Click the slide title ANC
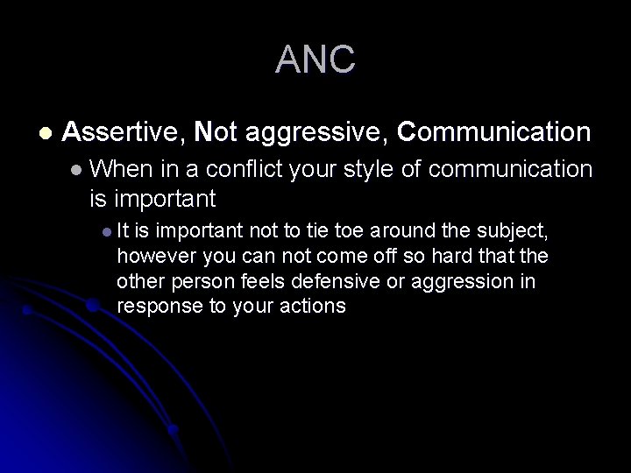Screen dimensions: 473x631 pos(315,60)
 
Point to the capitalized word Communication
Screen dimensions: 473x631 pos(493,132)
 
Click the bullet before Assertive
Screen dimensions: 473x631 pos(45,133)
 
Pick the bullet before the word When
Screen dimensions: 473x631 pos(78,168)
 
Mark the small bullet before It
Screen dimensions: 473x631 pos(106,232)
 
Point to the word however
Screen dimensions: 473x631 pos(152,256)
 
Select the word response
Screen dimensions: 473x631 pos(153,307)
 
